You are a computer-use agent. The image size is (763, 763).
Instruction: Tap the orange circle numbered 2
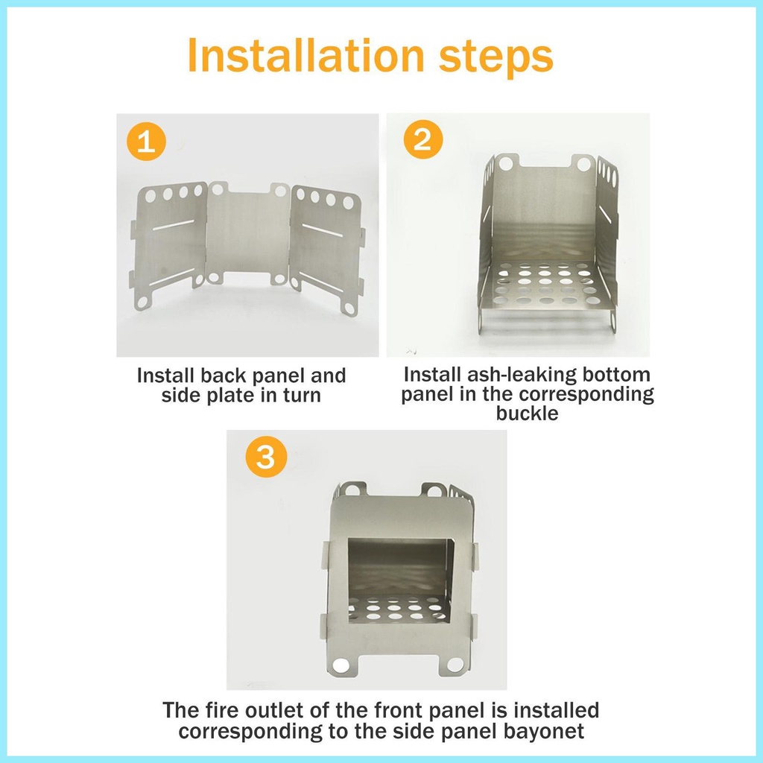(423, 139)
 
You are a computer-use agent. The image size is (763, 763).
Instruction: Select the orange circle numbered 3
(266, 457)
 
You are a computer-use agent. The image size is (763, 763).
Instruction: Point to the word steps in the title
(496, 58)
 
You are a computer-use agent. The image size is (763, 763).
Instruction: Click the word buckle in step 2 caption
(527, 413)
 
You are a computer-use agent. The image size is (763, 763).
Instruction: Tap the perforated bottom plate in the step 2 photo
(544, 286)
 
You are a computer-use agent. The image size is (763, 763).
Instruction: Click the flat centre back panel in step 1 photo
(249, 233)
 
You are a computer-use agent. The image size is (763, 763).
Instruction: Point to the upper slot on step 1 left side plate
(173, 225)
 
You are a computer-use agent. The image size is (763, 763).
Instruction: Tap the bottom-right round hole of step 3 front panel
(455, 664)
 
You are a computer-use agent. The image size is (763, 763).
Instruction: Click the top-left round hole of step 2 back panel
(506, 163)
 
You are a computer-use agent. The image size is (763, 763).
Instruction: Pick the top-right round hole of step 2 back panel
(584, 164)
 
